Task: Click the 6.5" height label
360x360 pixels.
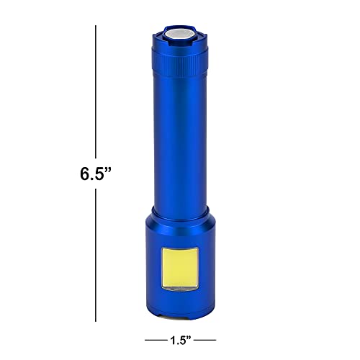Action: (x=96, y=175)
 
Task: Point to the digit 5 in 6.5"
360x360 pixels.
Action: (x=101, y=175)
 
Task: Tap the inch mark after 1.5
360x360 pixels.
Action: (x=191, y=336)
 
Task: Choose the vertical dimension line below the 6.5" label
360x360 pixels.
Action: (x=96, y=252)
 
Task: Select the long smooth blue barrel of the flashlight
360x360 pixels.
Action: (x=180, y=137)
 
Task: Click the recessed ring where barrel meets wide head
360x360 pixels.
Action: (x=180, y=209)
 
